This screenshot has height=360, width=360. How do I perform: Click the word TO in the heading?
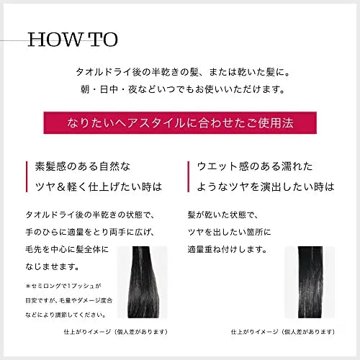pos(102,39)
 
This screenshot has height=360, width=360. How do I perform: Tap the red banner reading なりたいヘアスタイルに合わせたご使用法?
pos(179,122)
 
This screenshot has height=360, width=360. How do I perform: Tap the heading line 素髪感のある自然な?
pos(83,166)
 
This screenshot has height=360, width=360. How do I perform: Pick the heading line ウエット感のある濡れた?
pos(256,166)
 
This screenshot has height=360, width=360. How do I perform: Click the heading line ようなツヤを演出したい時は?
pos(266,186)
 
